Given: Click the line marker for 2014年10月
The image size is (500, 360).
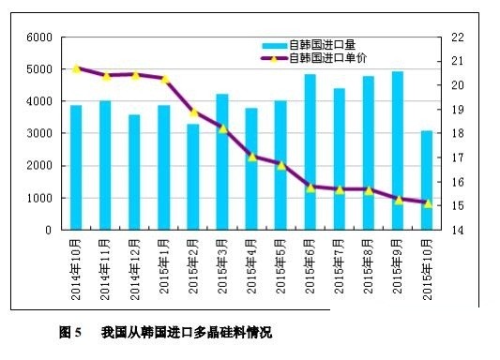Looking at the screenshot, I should (x=76, y=68).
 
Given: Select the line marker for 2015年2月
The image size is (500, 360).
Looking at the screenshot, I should (x=193, y=112).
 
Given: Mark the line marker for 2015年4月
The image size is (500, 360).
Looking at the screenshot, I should (x=251, y=157).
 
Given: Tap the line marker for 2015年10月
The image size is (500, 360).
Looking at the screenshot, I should (x=427, y=203).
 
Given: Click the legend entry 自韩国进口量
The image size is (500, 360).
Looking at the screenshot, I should (x=320, y=44).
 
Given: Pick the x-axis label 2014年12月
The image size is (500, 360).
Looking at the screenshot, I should (x=135, y=272).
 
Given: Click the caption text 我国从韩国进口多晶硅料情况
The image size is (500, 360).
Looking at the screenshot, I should (x=186, y=332).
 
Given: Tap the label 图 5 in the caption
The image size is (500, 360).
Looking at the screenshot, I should (x=71, y=332).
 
